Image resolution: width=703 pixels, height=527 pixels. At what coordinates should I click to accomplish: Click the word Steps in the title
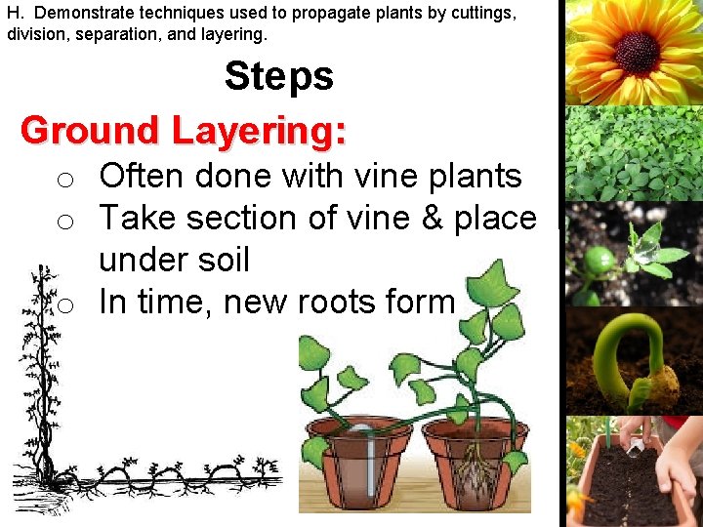click(279, 76)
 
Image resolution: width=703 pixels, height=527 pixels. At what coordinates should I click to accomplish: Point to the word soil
click(223, 261)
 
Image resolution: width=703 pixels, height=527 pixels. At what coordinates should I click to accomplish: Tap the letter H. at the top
click(15, 15)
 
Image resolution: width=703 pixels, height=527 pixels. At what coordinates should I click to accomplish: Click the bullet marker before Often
click(64, 180)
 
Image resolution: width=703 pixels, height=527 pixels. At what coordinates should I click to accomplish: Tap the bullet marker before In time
click(64, 305)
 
